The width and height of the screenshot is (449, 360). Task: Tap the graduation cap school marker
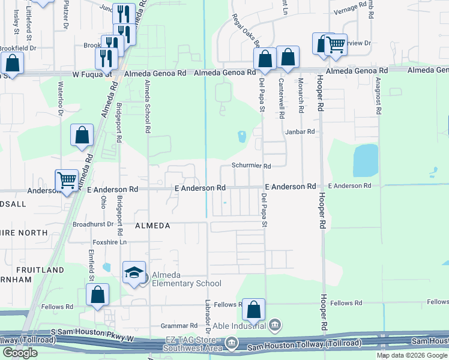click(x=133, y=273)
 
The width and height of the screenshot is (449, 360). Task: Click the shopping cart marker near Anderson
click(x=67, y=179)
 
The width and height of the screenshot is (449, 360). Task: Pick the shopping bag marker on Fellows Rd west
click(x=97, y=296)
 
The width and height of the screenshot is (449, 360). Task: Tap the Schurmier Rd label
click(x=252, y=166)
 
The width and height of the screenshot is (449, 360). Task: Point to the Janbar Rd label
click(x=300, y=131)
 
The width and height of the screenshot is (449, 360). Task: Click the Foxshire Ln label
click(x=107, y=242)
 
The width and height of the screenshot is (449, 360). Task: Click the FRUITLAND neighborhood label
click(x=40, y=270)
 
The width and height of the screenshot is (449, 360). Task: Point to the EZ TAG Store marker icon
click(x=232, y=343)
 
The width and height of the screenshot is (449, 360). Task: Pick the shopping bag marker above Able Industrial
click(x=254, y=309)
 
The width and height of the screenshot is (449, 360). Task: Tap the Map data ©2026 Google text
click(x=412, y=355)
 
